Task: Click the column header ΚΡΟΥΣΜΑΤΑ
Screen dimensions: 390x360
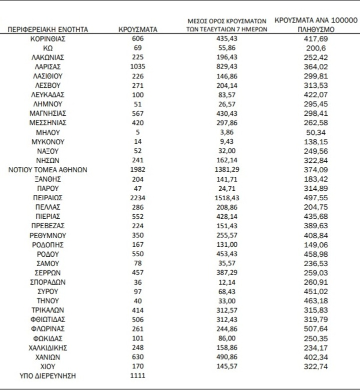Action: point(137,29)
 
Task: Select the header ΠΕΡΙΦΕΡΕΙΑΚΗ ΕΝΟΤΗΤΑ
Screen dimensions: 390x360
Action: point(48,29)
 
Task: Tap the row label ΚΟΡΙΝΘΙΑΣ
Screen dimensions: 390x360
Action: point(48,38)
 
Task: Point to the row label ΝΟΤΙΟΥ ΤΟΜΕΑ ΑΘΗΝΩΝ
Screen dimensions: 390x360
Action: point(48,170)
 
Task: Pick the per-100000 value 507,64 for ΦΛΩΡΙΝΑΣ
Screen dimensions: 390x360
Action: point(316,329)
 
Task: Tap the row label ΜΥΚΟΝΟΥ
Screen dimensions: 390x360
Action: point(48,142)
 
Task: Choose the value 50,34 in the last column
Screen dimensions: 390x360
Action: point(316,132)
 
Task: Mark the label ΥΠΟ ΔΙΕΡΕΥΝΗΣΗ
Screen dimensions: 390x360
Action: point(48,376)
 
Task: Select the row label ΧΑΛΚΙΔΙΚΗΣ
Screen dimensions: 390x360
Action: point(48,348)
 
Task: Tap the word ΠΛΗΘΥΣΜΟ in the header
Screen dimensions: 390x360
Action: point(316,29)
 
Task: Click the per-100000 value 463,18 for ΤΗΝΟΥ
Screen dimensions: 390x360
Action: point(316,301)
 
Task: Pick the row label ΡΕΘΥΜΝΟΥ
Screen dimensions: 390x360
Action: point(48,235)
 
